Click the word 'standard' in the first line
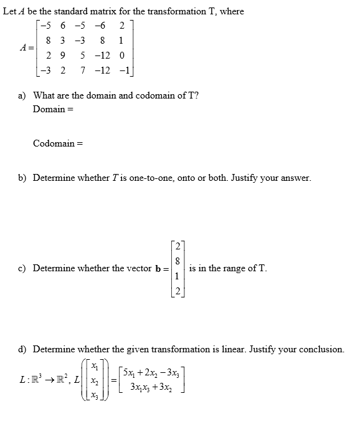73,11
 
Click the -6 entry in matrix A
100,26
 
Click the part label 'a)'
22,95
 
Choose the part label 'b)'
22,178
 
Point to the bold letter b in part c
158,269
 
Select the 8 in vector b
179,261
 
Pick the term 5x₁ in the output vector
130,374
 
